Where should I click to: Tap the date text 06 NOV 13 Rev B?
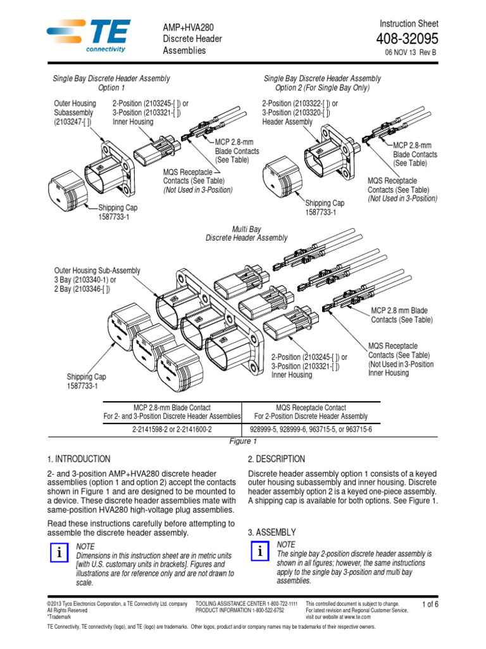click(x=411, y=53)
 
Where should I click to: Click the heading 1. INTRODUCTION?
click(x=78, y=459)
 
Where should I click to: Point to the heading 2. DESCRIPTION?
click(x=277, y=459)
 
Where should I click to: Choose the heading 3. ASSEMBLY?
click(x=271, y=532)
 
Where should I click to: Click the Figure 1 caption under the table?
click(x=242, y=441)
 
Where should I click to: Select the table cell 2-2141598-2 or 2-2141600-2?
click(x=172, y=429)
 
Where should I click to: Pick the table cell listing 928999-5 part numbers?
click(x=311, y=429)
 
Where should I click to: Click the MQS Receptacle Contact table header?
click(x=311, y=412)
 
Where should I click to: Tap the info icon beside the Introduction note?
click(x=59, y=553)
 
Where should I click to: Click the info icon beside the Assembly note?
click(x=259, y=551)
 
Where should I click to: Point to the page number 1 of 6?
click(x=430, y=604)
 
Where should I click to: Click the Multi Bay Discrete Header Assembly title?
click(x=246, y=233)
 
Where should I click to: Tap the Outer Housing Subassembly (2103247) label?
click(x=75, y=113)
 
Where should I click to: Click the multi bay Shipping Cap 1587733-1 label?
click(x=87, y=381)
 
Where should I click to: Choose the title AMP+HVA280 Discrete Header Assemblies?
click(x=193, y=39)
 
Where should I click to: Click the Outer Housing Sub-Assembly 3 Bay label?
click(x=97, y=280)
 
